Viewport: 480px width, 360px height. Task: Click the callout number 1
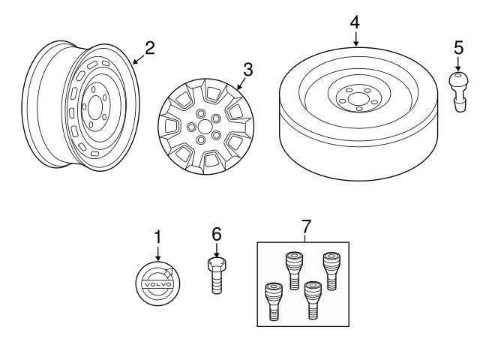tap(157, 236)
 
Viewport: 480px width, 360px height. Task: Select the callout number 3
tap(247, 70)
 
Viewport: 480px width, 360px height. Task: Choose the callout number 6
tap(216, 235)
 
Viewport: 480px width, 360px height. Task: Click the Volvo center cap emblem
tap(157, 285)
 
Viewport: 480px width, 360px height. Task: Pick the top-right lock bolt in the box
tap(329, 268)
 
